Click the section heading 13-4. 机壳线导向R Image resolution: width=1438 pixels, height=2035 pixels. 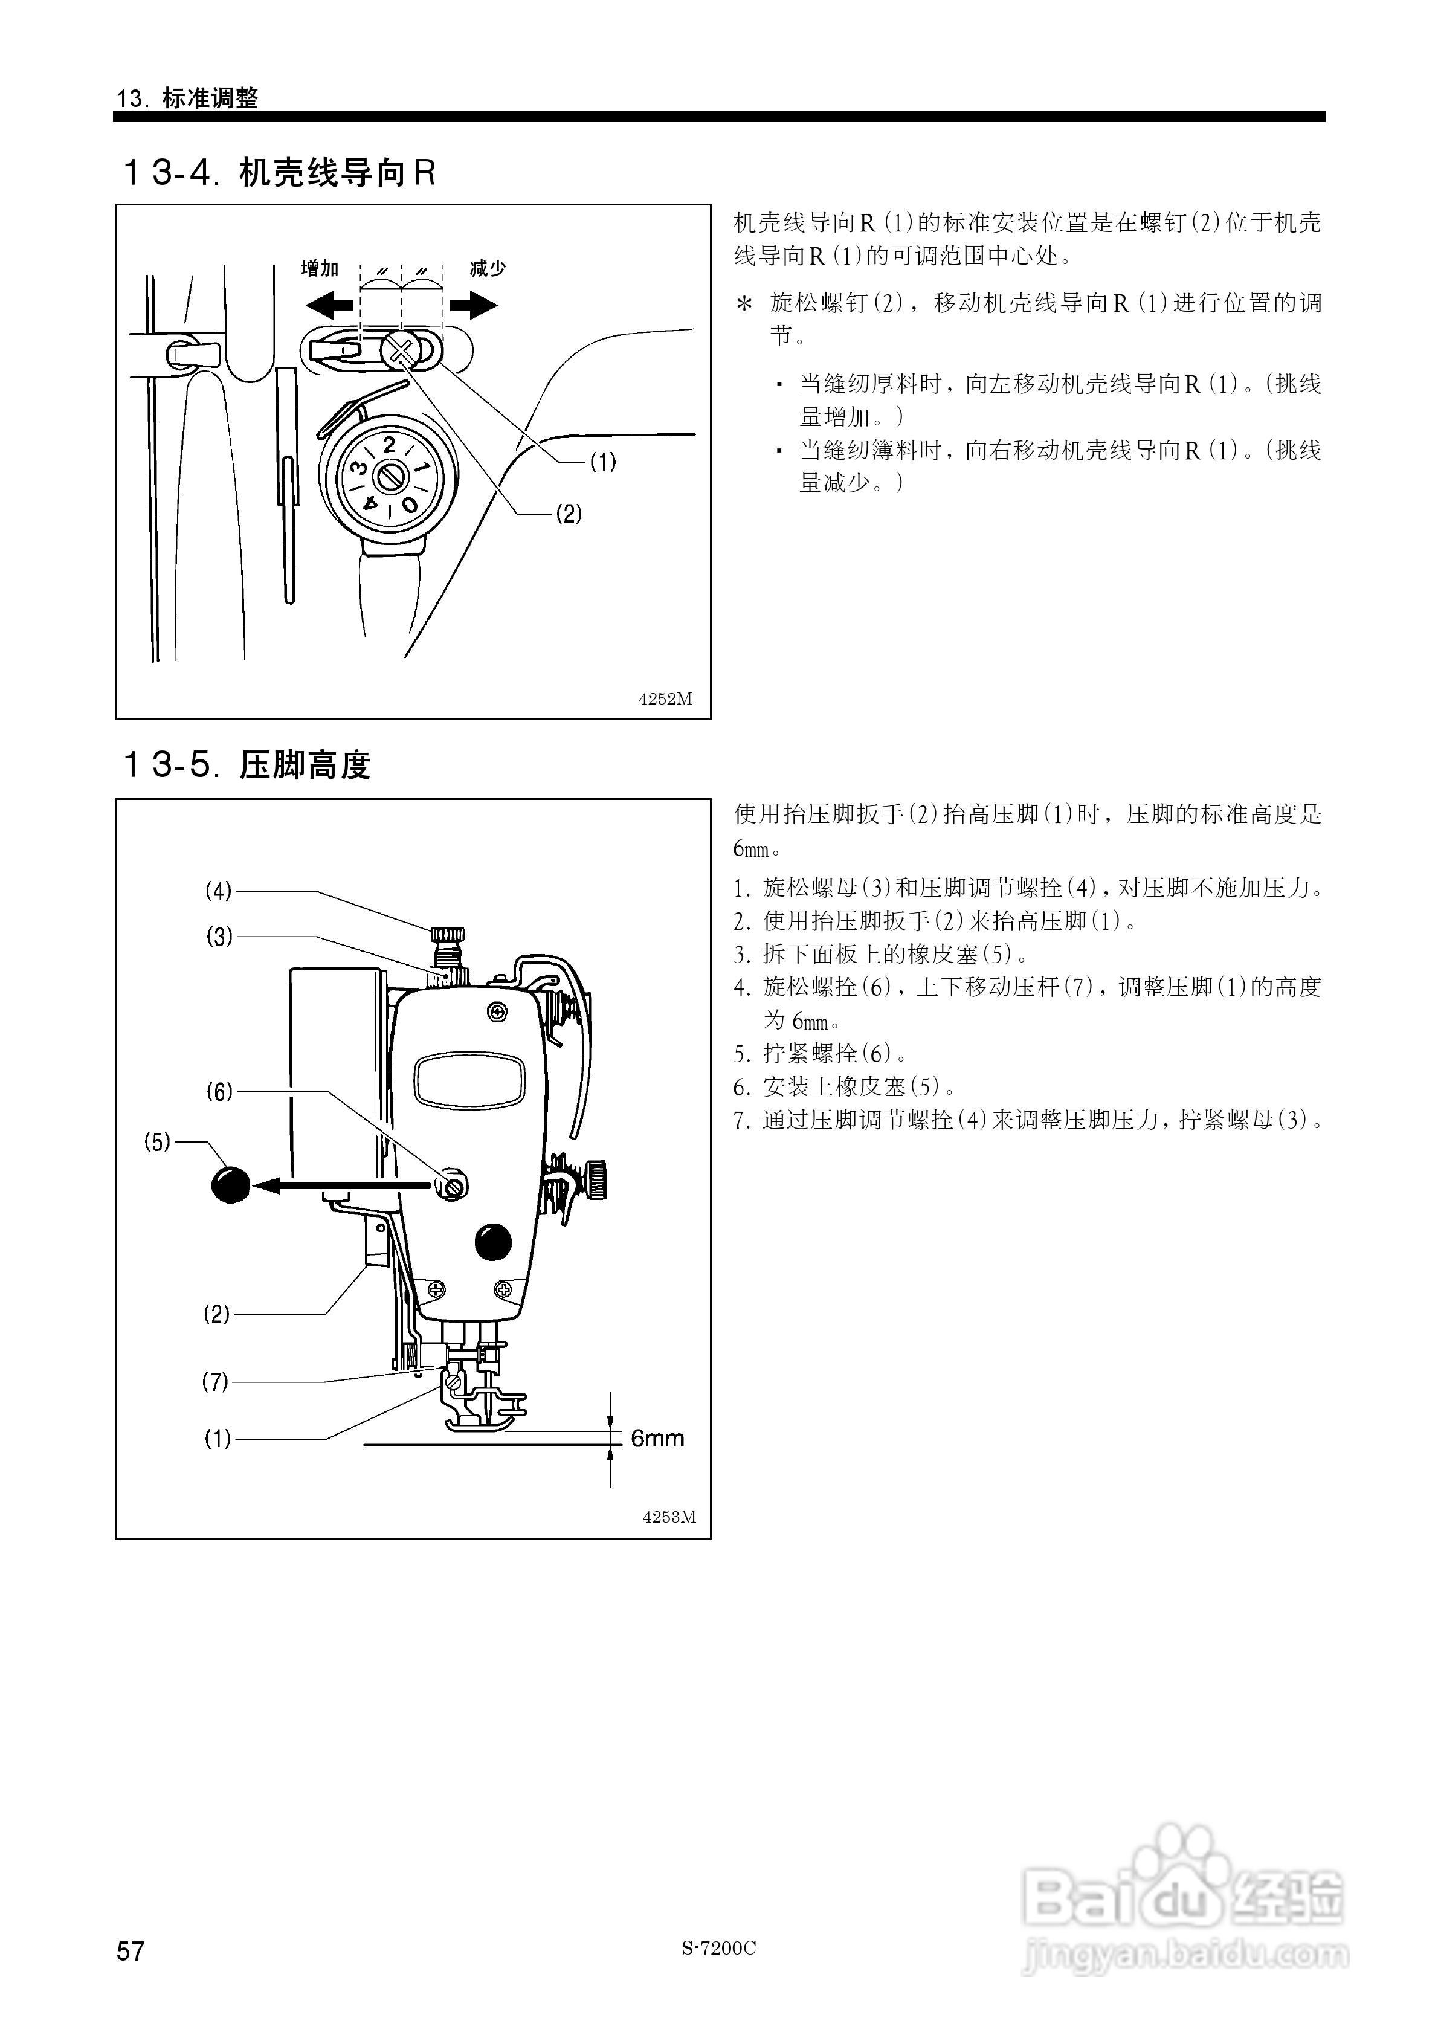(277, 172)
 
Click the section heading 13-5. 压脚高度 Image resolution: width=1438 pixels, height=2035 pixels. (245, 763)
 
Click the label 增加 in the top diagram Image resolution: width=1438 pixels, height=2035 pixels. (320, 268)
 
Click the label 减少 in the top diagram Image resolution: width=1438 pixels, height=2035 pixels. (487, 268)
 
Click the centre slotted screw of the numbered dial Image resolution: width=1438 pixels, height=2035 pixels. (389, 478)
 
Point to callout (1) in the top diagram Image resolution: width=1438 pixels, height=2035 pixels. (603, 462)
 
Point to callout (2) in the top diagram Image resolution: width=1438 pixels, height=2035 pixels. (569, 513)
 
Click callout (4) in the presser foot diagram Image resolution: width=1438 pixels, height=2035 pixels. (218, 890)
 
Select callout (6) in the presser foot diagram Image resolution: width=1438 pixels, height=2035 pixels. (219, 1092)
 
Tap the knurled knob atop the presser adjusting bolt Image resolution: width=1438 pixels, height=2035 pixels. (448, 934)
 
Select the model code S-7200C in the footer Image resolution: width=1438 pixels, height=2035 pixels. (718, 1947)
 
